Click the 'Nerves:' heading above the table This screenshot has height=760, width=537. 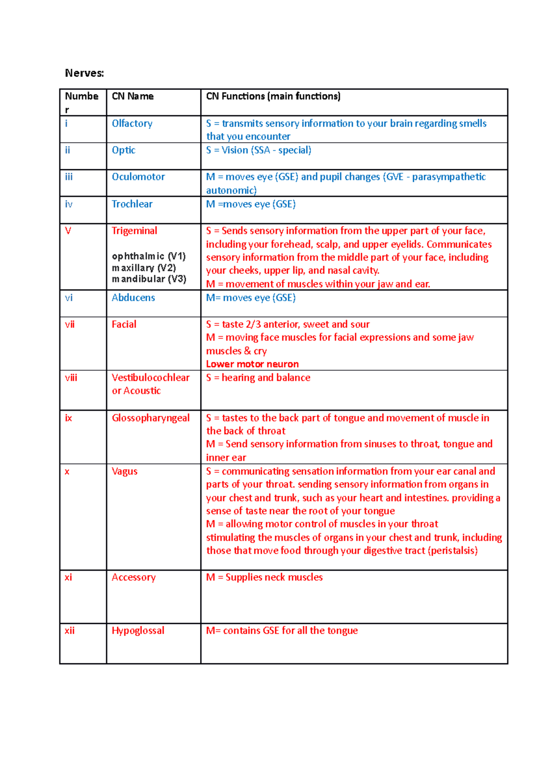84,73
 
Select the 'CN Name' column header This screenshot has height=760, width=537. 132,96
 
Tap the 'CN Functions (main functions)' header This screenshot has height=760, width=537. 273,96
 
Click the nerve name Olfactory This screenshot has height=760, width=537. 132,124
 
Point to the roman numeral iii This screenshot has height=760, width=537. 68,177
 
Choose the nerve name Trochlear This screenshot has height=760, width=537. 132,204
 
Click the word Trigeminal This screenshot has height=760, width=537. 134,231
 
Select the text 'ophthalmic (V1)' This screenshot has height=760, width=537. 149,256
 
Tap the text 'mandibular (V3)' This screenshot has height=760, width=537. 149,279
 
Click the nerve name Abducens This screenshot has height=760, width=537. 133,298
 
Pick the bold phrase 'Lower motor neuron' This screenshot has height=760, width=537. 252,364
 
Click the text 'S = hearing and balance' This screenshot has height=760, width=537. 258,378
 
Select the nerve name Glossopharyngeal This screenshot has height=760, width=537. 151,418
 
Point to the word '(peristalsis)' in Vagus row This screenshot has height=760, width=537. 452,551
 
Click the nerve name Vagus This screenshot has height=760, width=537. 124,471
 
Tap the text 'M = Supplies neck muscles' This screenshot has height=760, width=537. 264,577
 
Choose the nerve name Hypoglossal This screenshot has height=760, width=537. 138,631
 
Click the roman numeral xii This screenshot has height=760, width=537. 69,631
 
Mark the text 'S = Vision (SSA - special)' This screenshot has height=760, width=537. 259,150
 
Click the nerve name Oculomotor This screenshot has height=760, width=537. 138,177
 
